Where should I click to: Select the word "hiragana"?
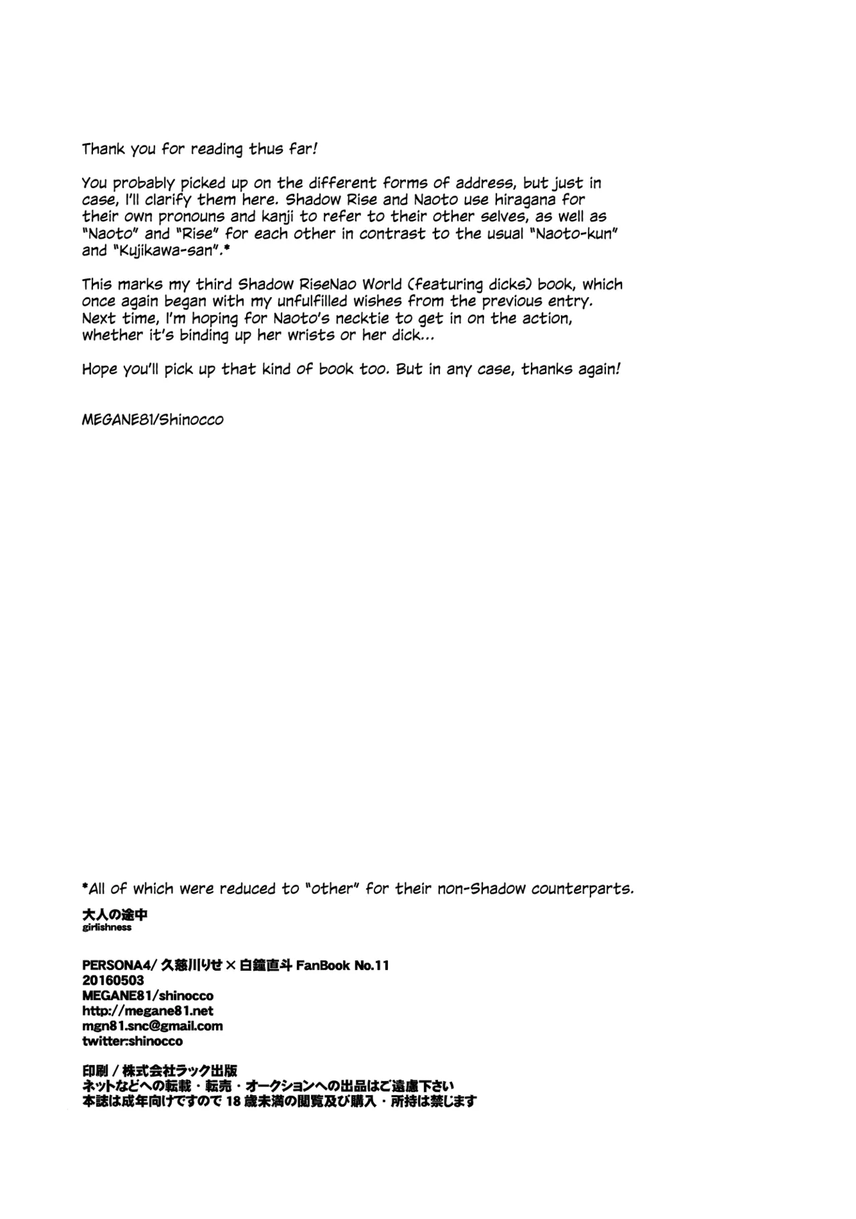(523, 199)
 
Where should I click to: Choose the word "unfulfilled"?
(307, 301)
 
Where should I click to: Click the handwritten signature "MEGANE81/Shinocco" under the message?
(152, 420)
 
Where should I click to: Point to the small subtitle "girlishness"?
(107, 928)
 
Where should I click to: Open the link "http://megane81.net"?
(148, 1011)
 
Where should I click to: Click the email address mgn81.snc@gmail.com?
(152, 1026)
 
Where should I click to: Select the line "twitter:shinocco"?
(132, 1041)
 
